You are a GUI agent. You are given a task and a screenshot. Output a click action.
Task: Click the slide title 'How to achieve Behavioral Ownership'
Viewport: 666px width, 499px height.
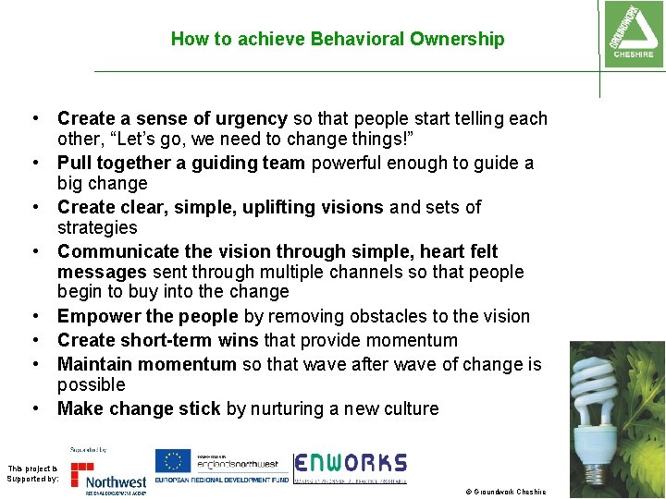338,39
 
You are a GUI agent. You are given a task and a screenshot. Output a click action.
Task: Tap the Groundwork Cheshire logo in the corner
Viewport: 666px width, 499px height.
632,34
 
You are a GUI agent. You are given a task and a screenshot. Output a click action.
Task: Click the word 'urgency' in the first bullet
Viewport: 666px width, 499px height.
252,118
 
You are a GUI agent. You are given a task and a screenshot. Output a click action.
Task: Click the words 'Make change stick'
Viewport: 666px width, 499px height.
139,408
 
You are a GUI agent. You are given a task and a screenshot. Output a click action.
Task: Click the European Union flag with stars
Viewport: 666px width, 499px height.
173,461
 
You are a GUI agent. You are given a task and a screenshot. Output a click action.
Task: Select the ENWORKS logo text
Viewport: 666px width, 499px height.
351,463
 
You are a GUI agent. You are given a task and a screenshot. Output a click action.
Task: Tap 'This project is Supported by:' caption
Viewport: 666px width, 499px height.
32,473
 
